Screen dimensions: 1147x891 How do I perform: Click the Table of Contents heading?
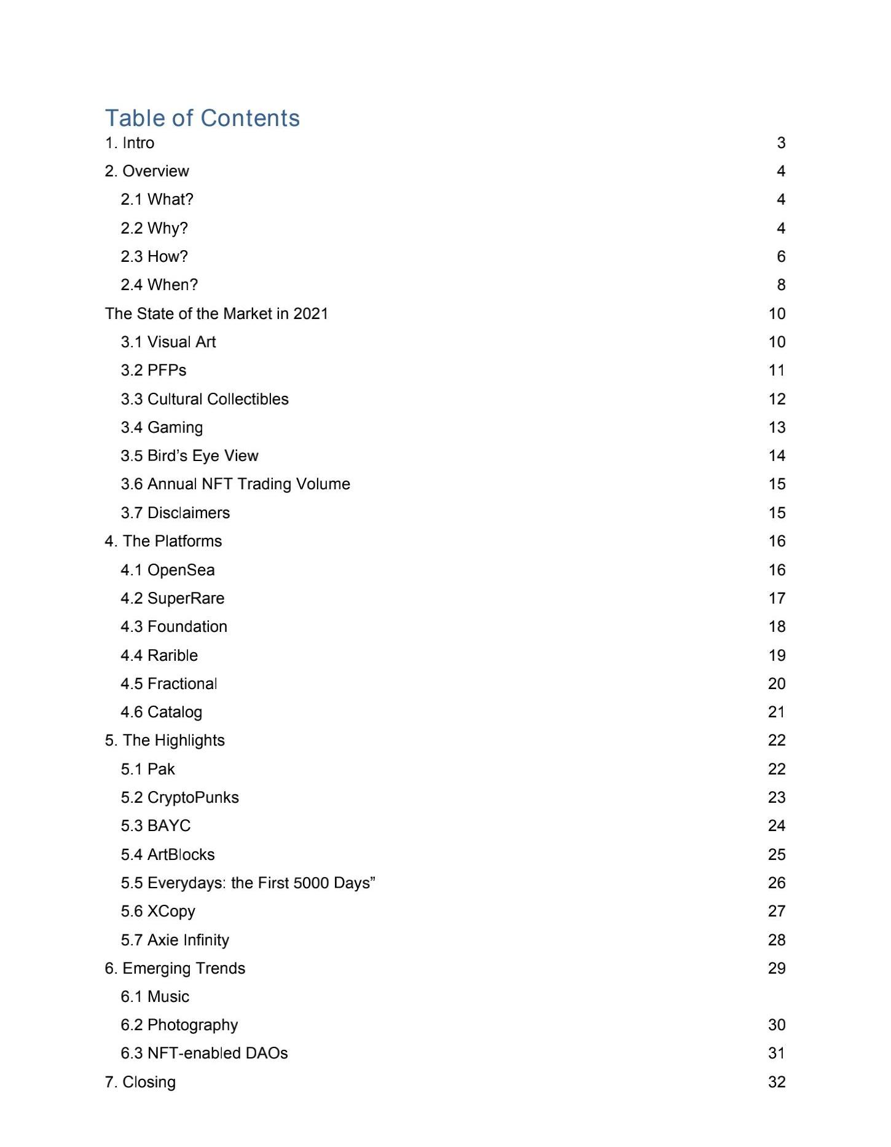pos(202,118)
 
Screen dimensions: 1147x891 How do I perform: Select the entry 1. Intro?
pos(130,143)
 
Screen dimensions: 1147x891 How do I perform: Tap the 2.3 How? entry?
pos(154,256)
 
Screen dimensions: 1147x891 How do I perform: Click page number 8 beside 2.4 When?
pos(780,285)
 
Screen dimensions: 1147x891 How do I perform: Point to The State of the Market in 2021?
pos(216,313)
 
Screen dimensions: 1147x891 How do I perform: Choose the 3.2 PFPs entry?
pos(154,370)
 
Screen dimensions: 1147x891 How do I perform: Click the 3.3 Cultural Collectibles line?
pos(205,399)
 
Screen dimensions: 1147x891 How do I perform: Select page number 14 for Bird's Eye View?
pos(777,455)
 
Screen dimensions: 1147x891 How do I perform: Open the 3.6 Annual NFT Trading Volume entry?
pos(235,484)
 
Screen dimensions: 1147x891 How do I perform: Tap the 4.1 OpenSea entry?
pos(168,570)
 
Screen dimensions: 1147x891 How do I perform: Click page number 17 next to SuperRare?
pos(777,598)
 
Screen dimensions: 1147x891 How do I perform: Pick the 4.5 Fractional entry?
pos(169,684)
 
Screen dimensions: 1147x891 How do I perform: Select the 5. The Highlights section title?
pos(165,740)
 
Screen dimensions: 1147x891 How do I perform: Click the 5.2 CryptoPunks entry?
pos(179,797)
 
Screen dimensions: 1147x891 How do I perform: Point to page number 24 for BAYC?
pos(777,826)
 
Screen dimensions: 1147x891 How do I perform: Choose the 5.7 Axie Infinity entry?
pos(175,940)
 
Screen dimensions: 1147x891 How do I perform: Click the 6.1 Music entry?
pos(155,996)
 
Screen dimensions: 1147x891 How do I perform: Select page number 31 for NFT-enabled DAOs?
pos(777,1053)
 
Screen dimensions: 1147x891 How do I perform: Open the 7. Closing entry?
pos(140,1082)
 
